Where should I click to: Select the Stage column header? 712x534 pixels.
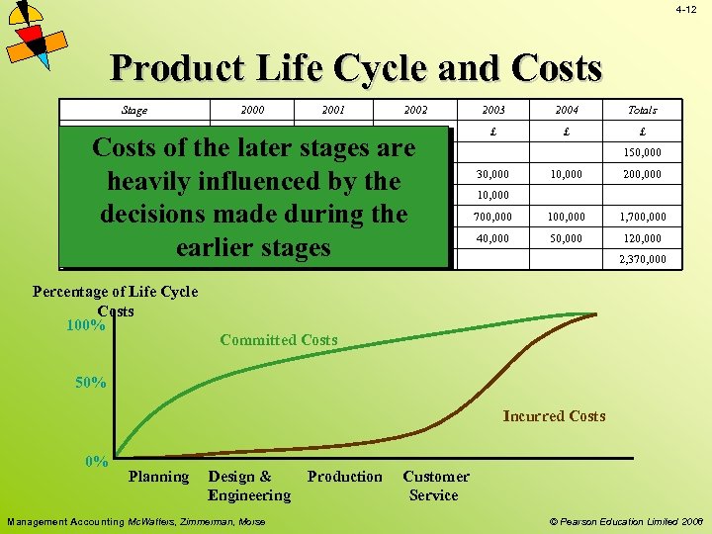(133, 111)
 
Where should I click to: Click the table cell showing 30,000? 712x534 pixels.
(491, 174)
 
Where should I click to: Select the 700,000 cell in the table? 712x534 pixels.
(491, 217)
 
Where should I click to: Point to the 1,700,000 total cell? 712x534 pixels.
(642, 217)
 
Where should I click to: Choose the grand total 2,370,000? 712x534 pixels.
(642, 260)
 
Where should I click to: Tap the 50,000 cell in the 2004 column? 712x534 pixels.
(567, 238)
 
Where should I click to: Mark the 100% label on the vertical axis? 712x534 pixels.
(86, 325)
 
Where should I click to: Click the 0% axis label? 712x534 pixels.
(96, 461)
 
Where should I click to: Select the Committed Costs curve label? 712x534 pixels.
(278, 340)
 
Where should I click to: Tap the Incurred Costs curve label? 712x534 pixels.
(554, 416)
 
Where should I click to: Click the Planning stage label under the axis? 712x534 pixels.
(158, 477)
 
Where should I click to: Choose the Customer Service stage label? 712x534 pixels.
(435, 486)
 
